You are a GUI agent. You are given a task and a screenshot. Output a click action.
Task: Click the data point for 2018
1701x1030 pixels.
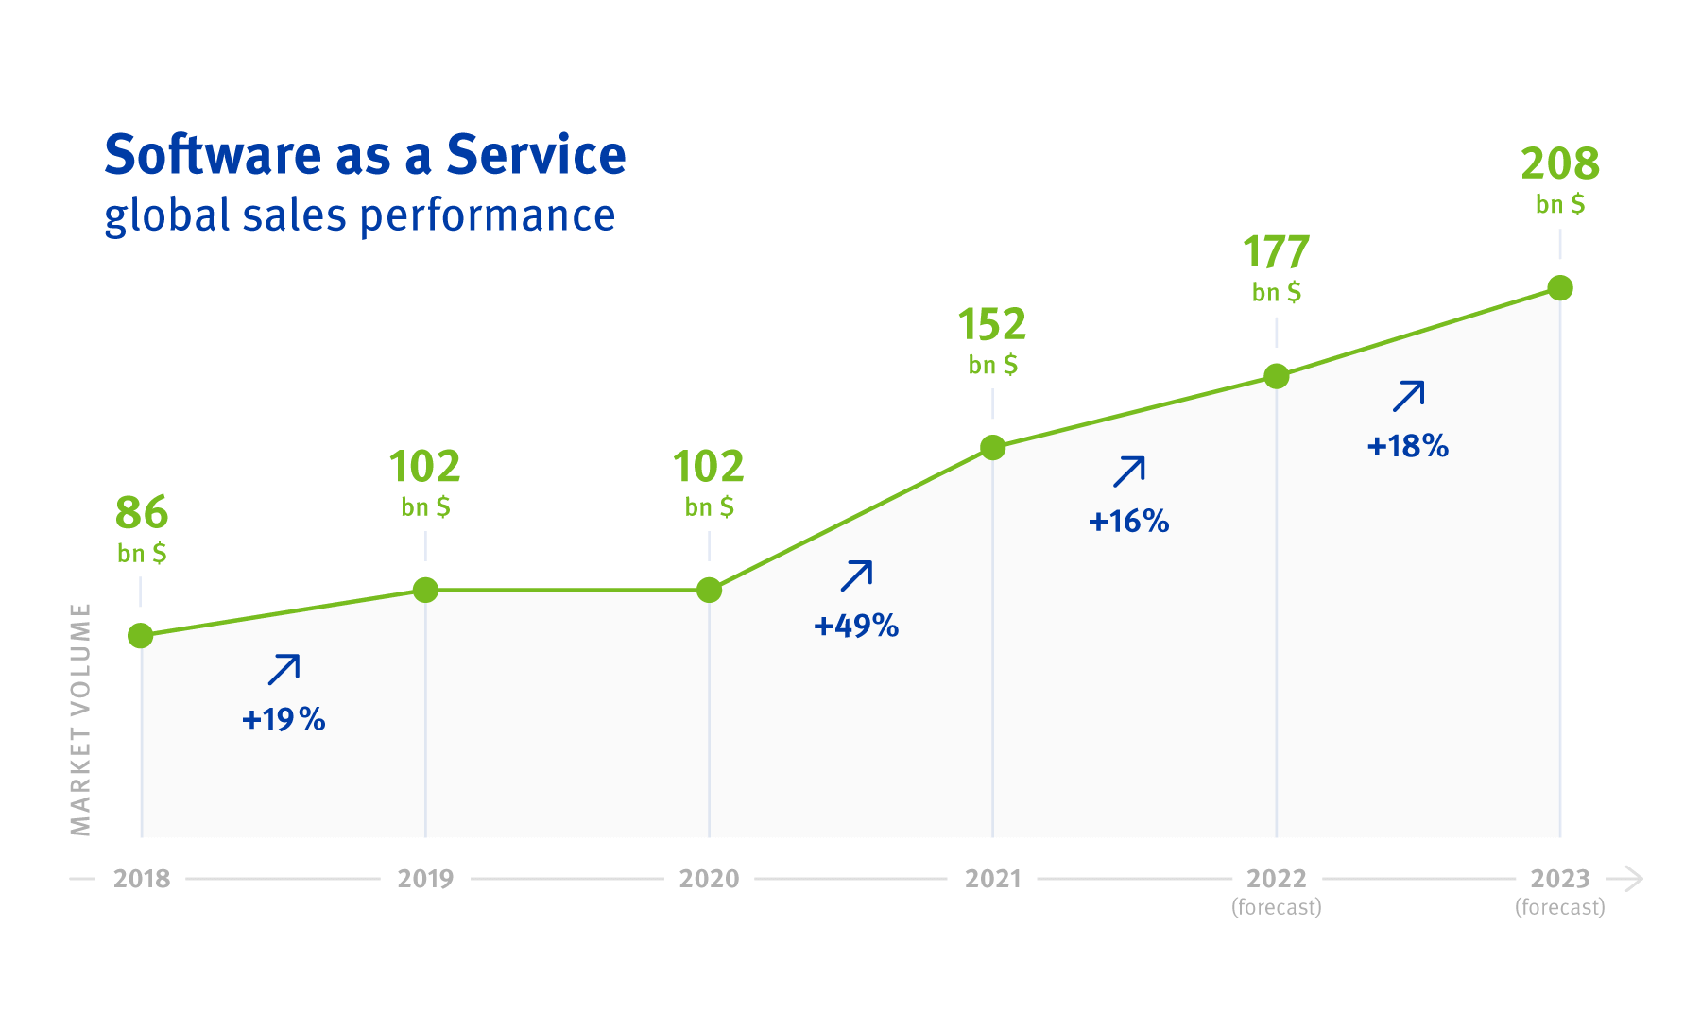141,636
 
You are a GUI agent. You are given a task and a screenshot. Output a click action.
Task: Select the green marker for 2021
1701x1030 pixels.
992,448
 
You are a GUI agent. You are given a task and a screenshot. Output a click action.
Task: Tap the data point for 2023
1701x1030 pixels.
1560,287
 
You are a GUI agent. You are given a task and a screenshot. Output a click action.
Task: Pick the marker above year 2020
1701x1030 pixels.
709,591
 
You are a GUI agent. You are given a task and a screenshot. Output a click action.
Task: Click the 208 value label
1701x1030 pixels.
1560,164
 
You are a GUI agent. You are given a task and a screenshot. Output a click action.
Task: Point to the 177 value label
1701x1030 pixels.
1276,253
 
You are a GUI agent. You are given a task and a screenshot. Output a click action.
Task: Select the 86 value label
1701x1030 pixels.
142,514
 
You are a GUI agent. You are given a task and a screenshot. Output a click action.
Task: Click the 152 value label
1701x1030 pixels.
992,325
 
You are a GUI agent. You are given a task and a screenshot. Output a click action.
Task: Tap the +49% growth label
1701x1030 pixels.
856,626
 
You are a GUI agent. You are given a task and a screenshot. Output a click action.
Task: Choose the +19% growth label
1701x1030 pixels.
283,720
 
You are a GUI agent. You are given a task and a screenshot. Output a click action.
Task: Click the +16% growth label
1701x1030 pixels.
1128,522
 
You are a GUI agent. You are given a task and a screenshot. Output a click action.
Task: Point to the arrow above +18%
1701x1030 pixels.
1408,396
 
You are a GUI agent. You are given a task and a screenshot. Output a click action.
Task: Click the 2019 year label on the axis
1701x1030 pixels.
425,879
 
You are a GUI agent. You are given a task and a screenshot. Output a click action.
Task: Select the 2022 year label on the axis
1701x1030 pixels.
1276,879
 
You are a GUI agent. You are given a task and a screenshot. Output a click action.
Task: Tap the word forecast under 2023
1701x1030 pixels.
1560,908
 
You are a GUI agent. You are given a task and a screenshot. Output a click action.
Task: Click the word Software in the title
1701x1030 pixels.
213,155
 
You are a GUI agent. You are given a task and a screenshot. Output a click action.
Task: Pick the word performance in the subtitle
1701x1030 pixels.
488,215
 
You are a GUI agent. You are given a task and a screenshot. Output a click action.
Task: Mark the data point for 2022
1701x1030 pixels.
1276,376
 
